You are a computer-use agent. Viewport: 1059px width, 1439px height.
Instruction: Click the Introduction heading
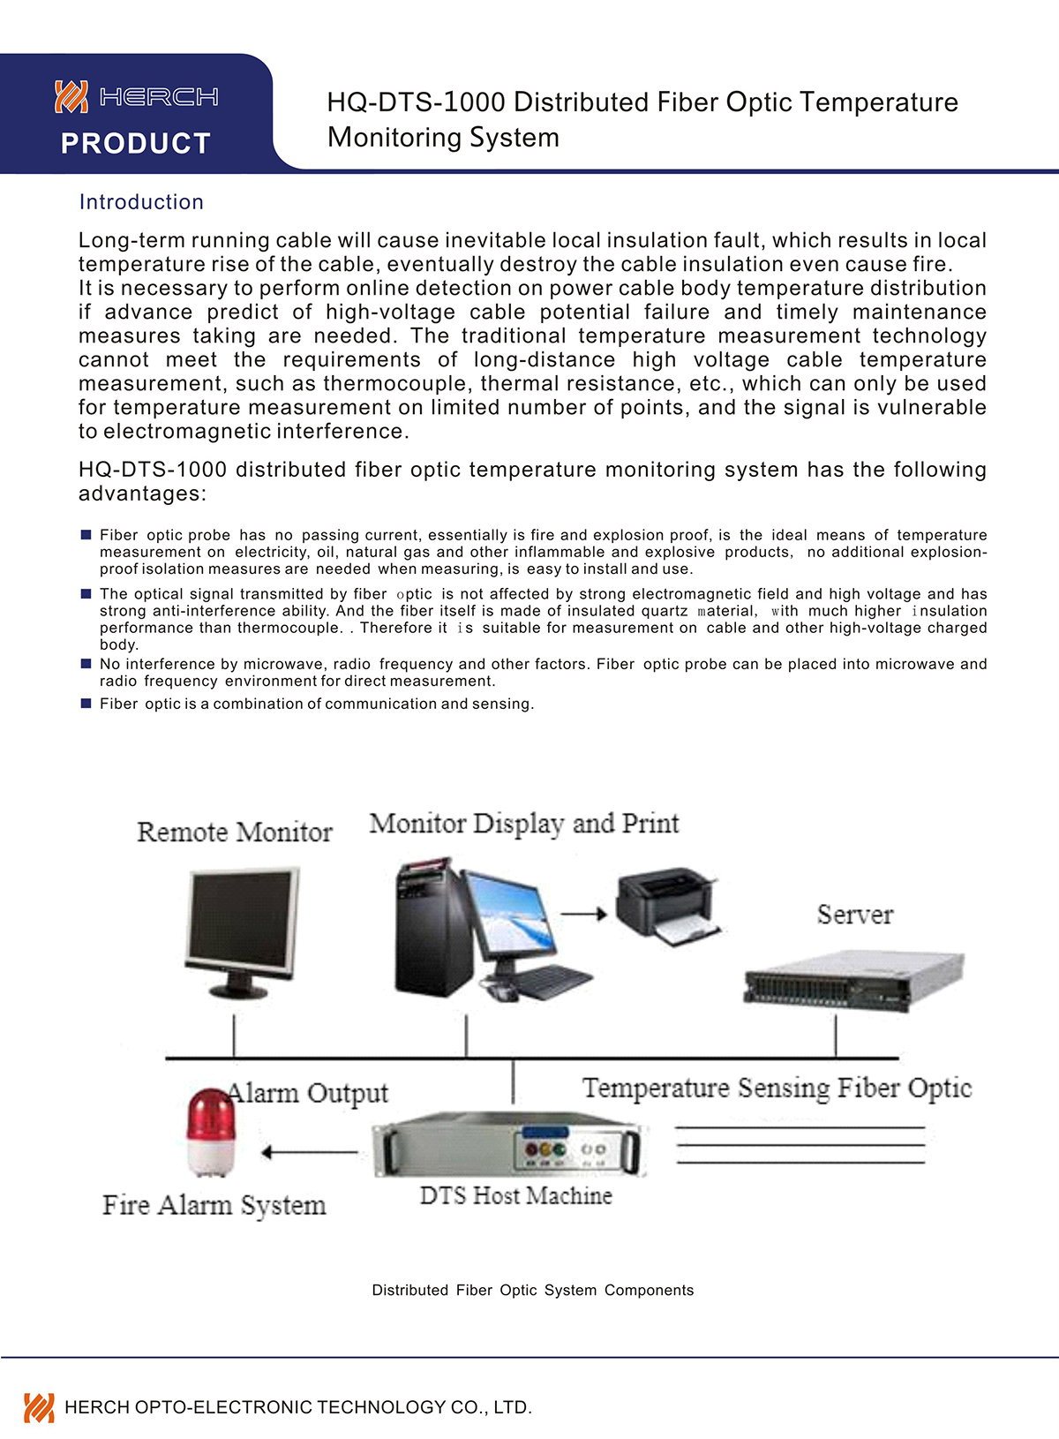point(141,202)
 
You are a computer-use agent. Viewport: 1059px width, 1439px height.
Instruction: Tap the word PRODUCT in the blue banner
point(136,143)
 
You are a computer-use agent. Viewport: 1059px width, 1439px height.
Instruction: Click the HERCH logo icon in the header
point(71,96)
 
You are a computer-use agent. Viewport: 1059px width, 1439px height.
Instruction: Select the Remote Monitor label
point(235,832)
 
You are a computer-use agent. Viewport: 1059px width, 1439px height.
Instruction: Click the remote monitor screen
point(240,918)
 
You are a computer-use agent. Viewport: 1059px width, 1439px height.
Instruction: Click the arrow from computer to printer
point(584,914)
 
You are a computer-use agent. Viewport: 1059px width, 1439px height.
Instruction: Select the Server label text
point(854,915)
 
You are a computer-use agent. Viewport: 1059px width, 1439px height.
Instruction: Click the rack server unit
point(852,980)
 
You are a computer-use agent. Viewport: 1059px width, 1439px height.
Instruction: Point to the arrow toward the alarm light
point(309,1152)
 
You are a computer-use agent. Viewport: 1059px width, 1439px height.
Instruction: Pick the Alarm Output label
point(307,1093)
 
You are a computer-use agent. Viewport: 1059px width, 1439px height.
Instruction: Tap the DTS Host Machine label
point(515,1195)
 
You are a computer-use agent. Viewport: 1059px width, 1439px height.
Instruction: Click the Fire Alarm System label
point(214,1205)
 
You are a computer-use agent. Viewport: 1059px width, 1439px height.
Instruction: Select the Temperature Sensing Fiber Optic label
point(777,1088)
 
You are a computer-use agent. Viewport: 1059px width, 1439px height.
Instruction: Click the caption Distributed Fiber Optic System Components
point(532,1290)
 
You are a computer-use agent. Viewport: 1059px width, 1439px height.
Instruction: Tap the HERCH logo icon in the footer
point(39,1406)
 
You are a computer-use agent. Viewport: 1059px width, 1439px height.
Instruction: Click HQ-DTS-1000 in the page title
point(416,102)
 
